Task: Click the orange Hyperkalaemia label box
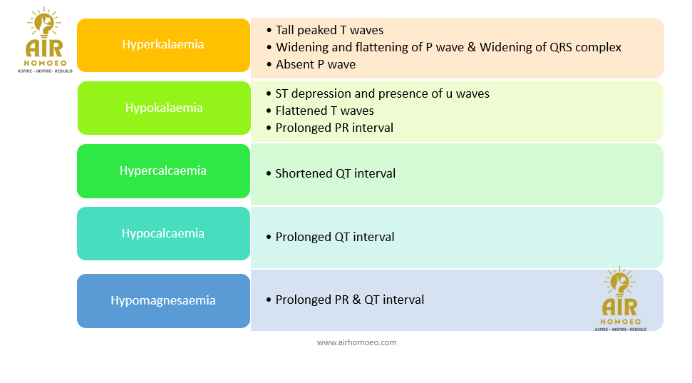click(163, 45)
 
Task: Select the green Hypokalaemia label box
click(163, 108)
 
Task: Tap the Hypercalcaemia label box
click(163, 171)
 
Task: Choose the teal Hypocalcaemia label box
click(163, 234)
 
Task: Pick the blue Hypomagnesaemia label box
click(163, 300)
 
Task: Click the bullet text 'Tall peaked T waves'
click(329, 30)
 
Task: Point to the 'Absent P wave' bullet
click(315, 64)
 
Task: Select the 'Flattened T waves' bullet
click(324, 111)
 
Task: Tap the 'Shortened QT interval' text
click(335, 173)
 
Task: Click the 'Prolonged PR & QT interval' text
click(349, 300)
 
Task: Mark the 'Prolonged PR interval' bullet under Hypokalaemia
click(334, 128)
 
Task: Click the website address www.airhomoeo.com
click(356, 342)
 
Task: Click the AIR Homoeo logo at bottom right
click(619, 300)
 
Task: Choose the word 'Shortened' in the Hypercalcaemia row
click(304, 173)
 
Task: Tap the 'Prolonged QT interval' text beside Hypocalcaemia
click(334, 237)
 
